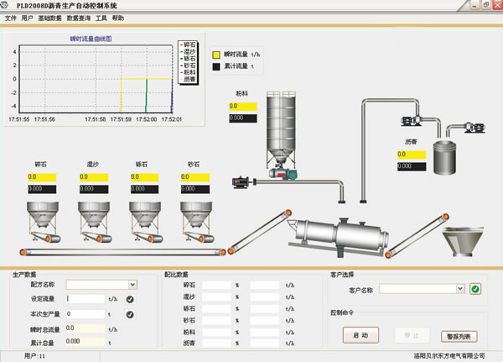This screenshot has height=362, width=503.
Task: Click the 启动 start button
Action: tap(360, 335)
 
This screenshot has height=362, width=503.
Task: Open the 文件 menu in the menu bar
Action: tap(11, 17)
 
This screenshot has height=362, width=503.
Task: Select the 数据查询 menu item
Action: tap(79, 17)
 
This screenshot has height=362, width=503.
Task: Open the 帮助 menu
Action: tap(117, 17)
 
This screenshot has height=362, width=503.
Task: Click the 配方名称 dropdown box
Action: tap(96, 285)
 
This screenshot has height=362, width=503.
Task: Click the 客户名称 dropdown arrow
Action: tap(460, 288)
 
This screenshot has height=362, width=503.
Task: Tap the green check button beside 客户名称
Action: tap(475, 289)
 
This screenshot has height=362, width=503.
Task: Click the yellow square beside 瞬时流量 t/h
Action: tap(216, 53)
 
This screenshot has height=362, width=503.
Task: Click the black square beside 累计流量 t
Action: tap(216, 66)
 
